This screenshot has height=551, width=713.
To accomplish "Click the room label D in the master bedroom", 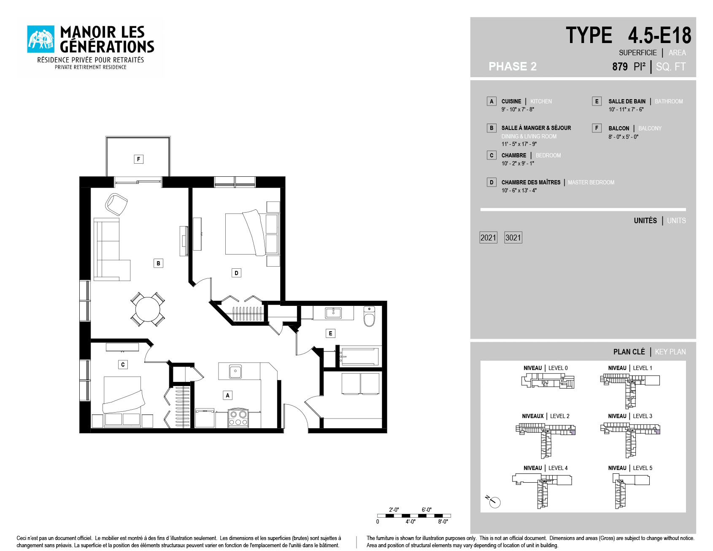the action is click(236, 273).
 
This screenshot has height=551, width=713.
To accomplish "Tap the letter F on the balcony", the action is click(138, 159).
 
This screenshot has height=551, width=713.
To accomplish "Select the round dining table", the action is click(148, 309).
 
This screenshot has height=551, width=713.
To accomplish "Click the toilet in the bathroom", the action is click(369, 317).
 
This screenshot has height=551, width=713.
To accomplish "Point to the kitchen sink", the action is click(235, 371).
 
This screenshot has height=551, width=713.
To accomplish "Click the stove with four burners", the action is click(238, 418).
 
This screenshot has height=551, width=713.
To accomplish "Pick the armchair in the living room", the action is click(116, 204).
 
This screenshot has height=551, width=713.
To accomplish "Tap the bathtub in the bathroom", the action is click(359, 357).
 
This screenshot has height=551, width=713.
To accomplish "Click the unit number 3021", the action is click(513, 238).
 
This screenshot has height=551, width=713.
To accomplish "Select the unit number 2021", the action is click(488, 238).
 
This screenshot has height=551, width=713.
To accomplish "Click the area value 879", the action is click(620, 67).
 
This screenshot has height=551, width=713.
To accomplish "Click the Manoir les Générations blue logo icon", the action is click(41, 39).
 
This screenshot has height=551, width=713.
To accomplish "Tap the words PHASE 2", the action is click(513, 66).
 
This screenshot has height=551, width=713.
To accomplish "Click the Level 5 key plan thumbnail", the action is click(631, 491).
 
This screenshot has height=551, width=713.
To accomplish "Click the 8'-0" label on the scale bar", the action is click(443, 522).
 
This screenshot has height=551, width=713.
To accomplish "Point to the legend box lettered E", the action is click(597, 101).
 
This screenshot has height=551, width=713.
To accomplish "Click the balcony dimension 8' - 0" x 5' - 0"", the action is click(623, 137).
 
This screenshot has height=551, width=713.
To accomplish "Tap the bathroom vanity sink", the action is click(333, 313).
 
